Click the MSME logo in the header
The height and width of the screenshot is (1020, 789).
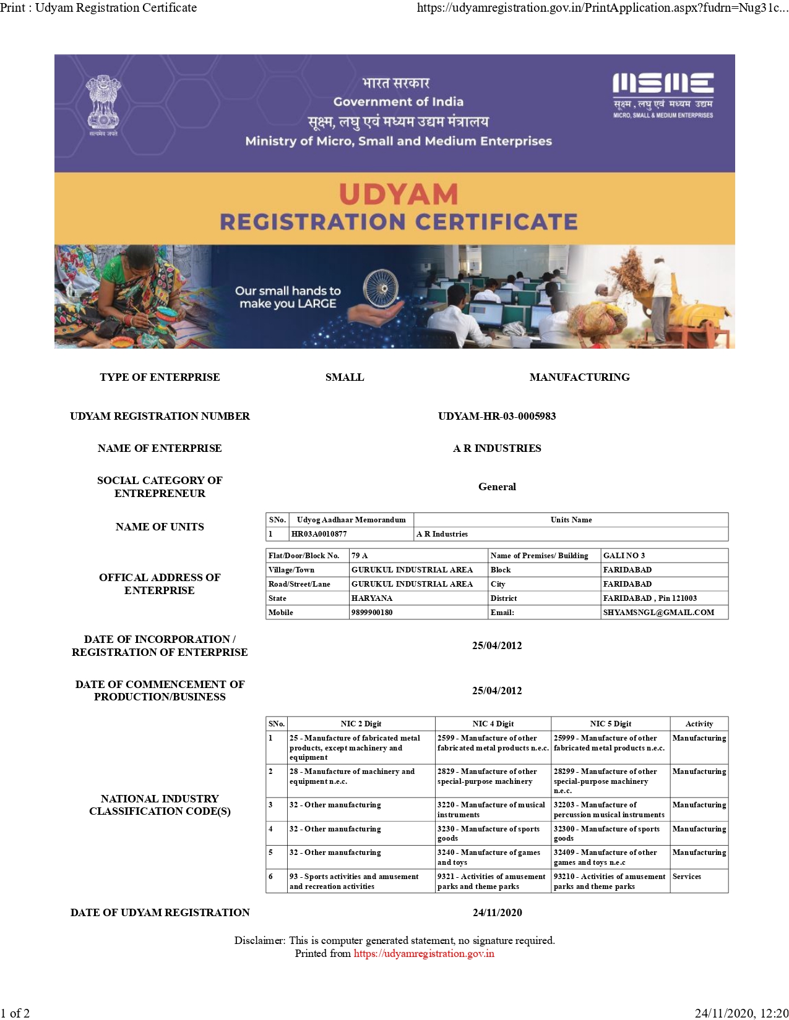click(x=663, y=94)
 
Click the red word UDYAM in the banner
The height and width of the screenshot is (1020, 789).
click(x=399, y=195)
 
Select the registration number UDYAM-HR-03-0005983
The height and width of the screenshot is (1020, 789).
click(x=497, y=416)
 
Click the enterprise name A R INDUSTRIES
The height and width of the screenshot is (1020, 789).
click(x=497, y=448)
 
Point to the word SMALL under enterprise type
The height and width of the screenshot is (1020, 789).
click(x=345, y=377)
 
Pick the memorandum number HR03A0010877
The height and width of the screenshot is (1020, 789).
click(x=319, y=534)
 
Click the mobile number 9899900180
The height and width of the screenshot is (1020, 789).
click(x=372, y=613)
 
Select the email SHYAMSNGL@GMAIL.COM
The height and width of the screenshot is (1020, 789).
click(x=658, y=613)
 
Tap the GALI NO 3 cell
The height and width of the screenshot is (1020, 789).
click(x=624, y=556)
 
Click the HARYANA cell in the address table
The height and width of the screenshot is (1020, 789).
click(x=372, y=598)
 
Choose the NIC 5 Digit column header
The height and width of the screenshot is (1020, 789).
click(x=610, y=724)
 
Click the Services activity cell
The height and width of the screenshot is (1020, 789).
click(x=687, y=877)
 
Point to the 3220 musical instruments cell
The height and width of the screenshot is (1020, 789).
click(x=492, y=809)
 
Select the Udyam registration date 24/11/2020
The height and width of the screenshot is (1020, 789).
click(x=497, y=912)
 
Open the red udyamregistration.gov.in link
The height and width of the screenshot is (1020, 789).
click(x=424, y=953)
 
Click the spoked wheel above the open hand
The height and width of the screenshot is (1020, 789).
click(x=380, y=288)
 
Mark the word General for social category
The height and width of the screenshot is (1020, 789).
click(x=497, y=487)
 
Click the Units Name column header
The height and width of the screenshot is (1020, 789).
click(x=571, y=520)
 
